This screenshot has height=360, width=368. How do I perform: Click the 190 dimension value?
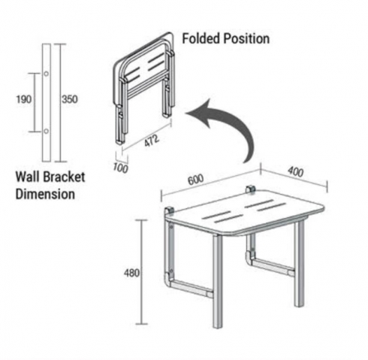tap(24, 99)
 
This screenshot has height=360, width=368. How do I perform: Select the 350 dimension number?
tap(70, 99)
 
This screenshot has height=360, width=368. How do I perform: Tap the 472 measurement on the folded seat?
tap(152, 141)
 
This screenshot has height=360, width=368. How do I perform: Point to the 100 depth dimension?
tap(120, 168)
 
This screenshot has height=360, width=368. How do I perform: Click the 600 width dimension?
tap(196, 180)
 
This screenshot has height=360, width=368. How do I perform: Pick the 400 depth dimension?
tap(295, 172)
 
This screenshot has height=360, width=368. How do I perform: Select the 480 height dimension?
tap(131, 273)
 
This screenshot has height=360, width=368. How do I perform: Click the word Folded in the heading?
tap(201, 39)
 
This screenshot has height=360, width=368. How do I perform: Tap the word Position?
tap(246, 39)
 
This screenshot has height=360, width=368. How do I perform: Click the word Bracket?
tap(64, 177)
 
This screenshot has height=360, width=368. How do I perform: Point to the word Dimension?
tap(45, 194)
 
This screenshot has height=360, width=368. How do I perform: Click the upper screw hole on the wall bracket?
tap(46, 74)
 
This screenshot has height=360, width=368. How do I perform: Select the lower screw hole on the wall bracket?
tap(46, 131)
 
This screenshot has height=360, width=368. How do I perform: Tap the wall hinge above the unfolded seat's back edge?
tap(250, 189)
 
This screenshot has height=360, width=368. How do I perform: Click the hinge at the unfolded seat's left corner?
tap(170, 211)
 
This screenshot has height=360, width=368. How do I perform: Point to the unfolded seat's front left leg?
tap(218, 281)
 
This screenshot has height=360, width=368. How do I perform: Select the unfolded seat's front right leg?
tap(299, 263)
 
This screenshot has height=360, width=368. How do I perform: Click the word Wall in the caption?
tap(28, 177)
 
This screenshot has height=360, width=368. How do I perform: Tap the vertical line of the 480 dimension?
tap(142, 272)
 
